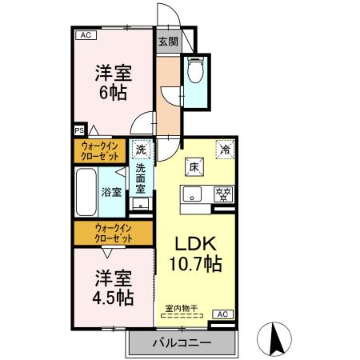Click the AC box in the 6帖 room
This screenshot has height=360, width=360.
coord(86,35)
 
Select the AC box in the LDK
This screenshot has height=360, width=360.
coord(223,314)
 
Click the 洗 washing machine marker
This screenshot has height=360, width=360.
coord(141,149)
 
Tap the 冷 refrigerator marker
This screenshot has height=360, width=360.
coord(226,149)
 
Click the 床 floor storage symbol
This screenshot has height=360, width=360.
coord(194,167)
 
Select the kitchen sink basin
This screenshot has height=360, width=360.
coord(193,194)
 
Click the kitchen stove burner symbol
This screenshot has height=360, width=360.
coord(225,193)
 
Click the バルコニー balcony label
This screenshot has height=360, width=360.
coord(182,343)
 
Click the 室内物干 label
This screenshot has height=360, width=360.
coord(182,307)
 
